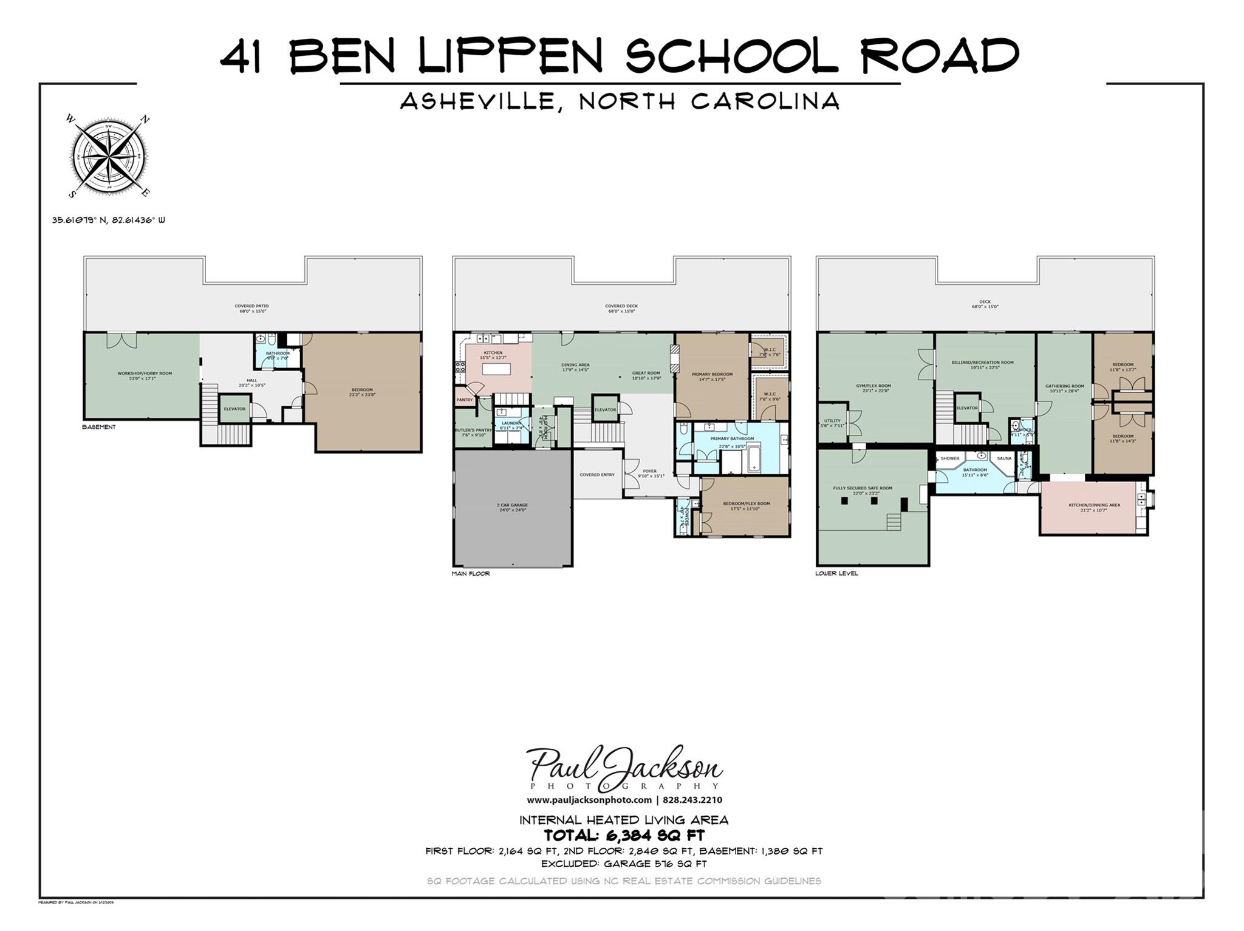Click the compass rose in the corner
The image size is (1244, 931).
click(108, 155)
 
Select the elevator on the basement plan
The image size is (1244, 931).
click(234, 409)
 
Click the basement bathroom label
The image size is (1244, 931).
click(278, 353)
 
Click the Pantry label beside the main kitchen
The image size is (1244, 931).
click(465, 400)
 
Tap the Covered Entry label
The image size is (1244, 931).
click(597, 475)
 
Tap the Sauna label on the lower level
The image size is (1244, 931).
click(1004, 459)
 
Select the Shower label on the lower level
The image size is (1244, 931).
click(949, 459)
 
